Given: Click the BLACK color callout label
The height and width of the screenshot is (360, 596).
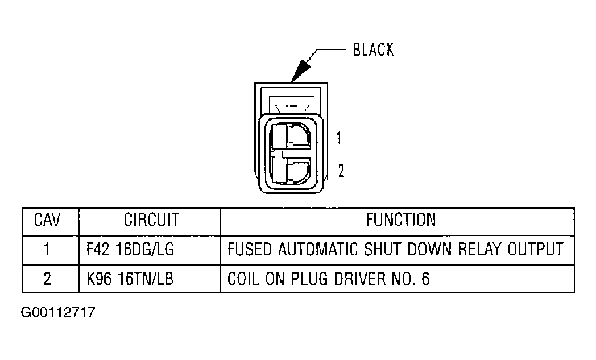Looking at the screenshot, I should click(373, 49).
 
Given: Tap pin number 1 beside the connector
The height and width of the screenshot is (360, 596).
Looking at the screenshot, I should click(338, 138).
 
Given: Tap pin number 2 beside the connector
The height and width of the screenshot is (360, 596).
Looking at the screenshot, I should click(341, 171).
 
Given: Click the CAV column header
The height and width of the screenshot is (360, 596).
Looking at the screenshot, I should click(48, 220).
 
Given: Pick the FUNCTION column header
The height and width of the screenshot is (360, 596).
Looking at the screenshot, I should click(400, 220).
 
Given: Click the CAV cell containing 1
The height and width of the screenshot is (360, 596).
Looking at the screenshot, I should click(48, 249).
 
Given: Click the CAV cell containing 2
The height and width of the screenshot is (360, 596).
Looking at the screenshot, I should click(48, 279).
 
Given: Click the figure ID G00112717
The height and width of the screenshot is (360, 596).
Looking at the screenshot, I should click(58, 313).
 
